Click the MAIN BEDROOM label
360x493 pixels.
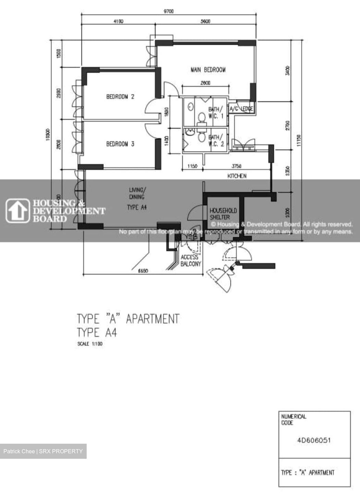point(208,70)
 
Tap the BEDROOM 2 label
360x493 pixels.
point(120,97)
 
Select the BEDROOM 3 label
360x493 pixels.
point(120,144)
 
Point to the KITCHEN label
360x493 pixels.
point(237,176)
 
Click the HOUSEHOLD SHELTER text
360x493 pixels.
point(223,214)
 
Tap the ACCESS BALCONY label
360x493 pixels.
point(191,261)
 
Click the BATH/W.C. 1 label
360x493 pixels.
point(216,113)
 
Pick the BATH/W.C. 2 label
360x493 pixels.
point(216,141)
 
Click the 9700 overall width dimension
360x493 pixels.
point(168,11)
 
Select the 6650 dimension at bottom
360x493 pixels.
point(143,271)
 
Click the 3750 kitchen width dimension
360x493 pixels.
point(237,166)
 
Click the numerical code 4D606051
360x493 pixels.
point(314,440)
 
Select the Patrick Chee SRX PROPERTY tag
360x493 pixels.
point(43,451)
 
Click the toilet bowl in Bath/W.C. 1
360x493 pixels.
point(202,118)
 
